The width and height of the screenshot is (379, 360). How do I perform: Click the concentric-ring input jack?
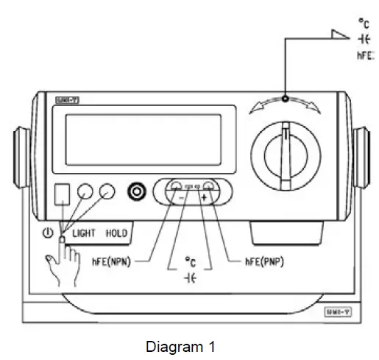(136, 192)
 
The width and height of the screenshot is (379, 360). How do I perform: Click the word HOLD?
(116, 233)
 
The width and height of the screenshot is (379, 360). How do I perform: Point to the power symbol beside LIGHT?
(48, 233)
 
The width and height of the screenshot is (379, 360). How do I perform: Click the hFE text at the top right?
(366, 56)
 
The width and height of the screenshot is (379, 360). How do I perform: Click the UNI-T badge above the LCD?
(63, 99)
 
